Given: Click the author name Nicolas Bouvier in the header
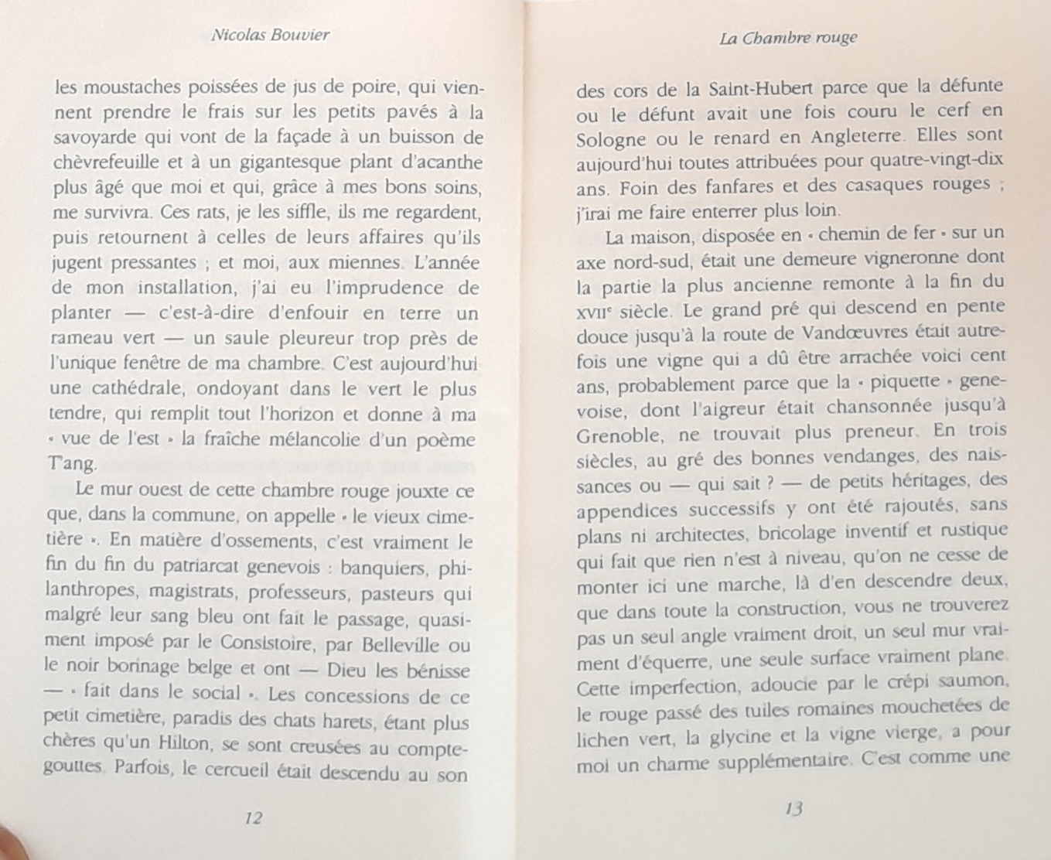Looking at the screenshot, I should pos(270,35).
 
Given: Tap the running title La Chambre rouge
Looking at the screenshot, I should pos(787,38).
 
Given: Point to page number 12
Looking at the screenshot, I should pos(252,817).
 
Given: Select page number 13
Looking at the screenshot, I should pos(793,808).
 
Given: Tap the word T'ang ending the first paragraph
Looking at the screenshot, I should pos(73,464).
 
